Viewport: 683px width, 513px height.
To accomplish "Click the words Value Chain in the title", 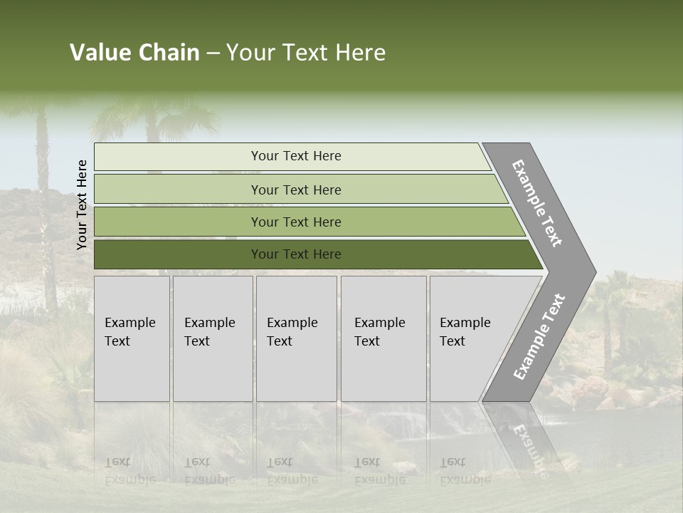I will coord(134,53).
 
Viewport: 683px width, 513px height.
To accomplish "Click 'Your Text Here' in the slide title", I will coord(306,53).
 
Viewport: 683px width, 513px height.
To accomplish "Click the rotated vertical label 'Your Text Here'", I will coord(82,204).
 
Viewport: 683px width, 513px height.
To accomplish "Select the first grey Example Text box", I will coord(132,338).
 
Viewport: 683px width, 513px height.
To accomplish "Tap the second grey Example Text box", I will coord(213,338).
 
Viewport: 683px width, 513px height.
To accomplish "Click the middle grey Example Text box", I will coord(296,338).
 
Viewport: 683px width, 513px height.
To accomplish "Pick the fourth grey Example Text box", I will coord(383,338).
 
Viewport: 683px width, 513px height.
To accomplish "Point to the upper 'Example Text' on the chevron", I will coord(537,203).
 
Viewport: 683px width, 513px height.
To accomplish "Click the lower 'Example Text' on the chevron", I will coord(539,336).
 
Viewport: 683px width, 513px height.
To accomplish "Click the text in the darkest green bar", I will coord(296,254).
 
